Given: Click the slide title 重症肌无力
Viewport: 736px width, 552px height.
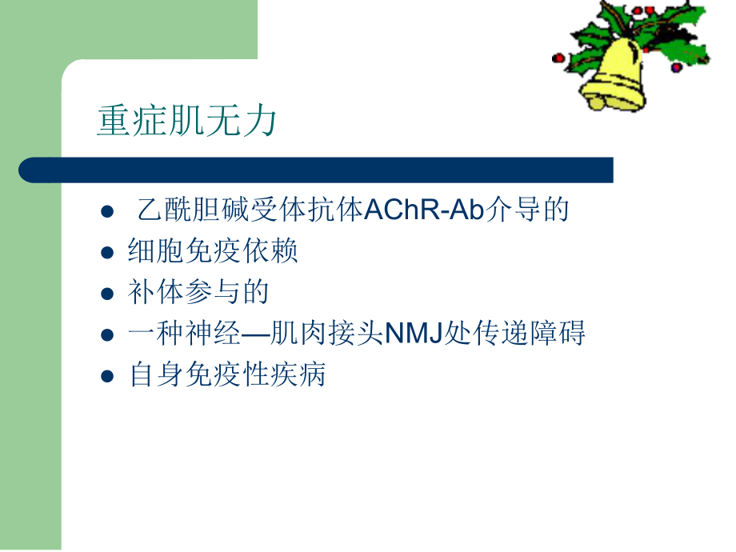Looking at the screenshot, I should pos(187,121).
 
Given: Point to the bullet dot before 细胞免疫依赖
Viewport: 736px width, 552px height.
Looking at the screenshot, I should pos(109,252).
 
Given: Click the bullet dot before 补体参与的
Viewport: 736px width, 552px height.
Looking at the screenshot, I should pos(109,294).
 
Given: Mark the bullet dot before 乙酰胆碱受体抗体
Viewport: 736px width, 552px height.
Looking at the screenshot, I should pos(109,211).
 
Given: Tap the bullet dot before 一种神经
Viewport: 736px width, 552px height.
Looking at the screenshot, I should pos(109,334).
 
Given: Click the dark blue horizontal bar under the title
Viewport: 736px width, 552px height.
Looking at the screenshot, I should pos(320,170).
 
